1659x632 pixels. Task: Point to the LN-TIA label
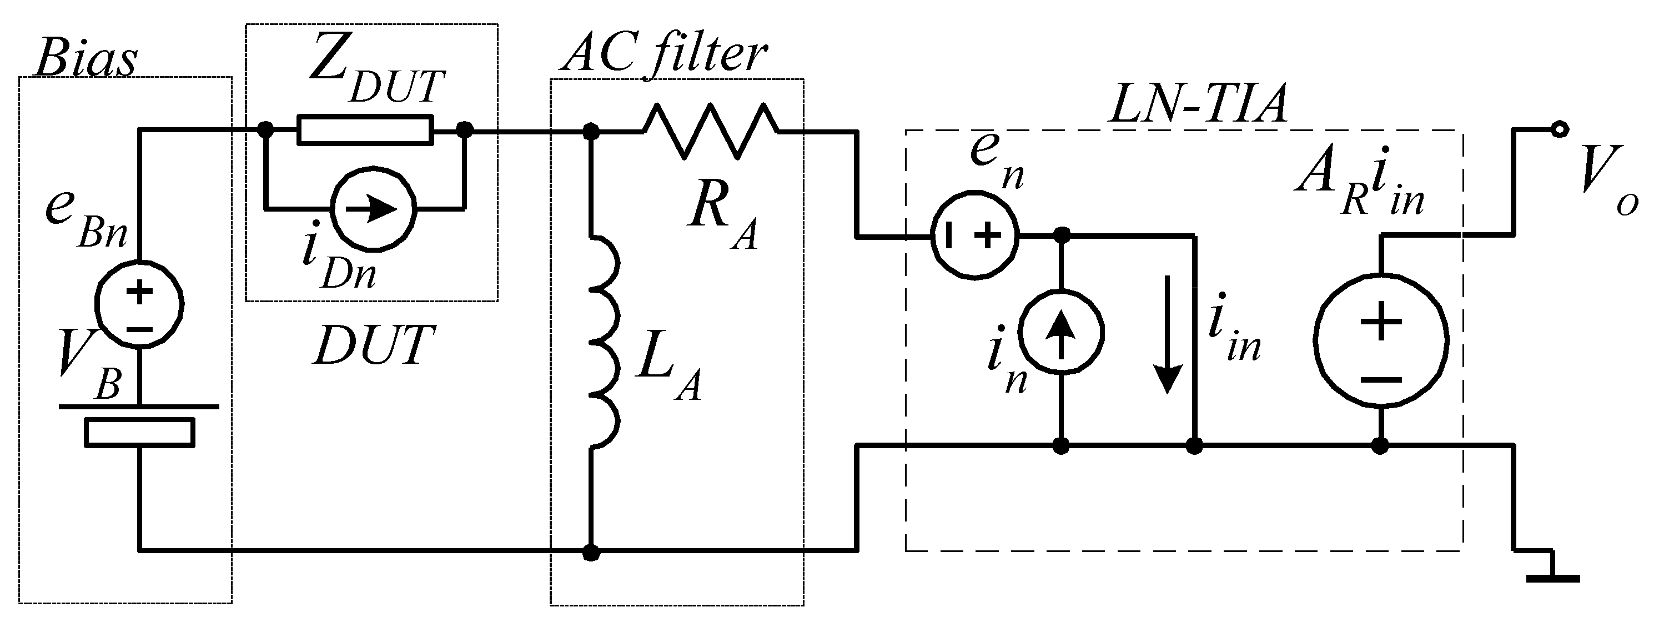(1197, 105)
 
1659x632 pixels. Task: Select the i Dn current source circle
(374, 209)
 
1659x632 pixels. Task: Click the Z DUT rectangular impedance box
(365, 130)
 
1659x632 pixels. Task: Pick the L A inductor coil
(605, 342)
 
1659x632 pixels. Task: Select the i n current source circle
(1062, 333)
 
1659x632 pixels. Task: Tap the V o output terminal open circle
(1558, 130)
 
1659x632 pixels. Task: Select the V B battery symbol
(139, 425)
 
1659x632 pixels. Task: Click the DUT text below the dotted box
(374, 345)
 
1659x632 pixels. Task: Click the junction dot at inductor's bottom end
(591, 552)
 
